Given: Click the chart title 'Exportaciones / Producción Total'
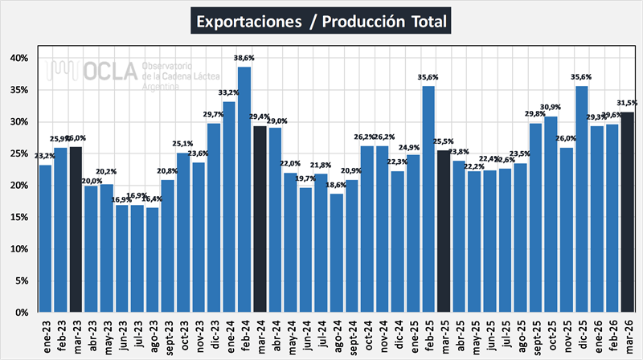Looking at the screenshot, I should point(321,19).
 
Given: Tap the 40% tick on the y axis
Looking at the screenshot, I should point(19,58).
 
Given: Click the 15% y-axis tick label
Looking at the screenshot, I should point(19,217).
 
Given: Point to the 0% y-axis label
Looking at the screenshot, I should point(22,312).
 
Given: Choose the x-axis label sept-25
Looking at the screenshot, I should point(535,333).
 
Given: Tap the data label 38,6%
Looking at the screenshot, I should point(244,59).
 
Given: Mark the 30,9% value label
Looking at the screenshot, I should point(551,108).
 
